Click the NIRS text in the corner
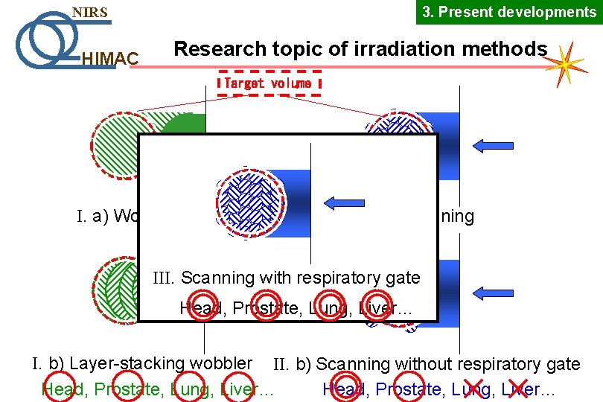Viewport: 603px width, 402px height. click(x=89, y=13)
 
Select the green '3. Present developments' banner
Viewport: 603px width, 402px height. click(x=509, y=12)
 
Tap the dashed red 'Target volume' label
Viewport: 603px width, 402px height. click(x=269, y=83)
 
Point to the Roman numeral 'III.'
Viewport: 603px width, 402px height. click(x=164, y=278)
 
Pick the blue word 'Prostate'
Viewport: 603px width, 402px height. click(x=406, y=389)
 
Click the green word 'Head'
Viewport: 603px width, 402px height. click(x=60, y=389)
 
